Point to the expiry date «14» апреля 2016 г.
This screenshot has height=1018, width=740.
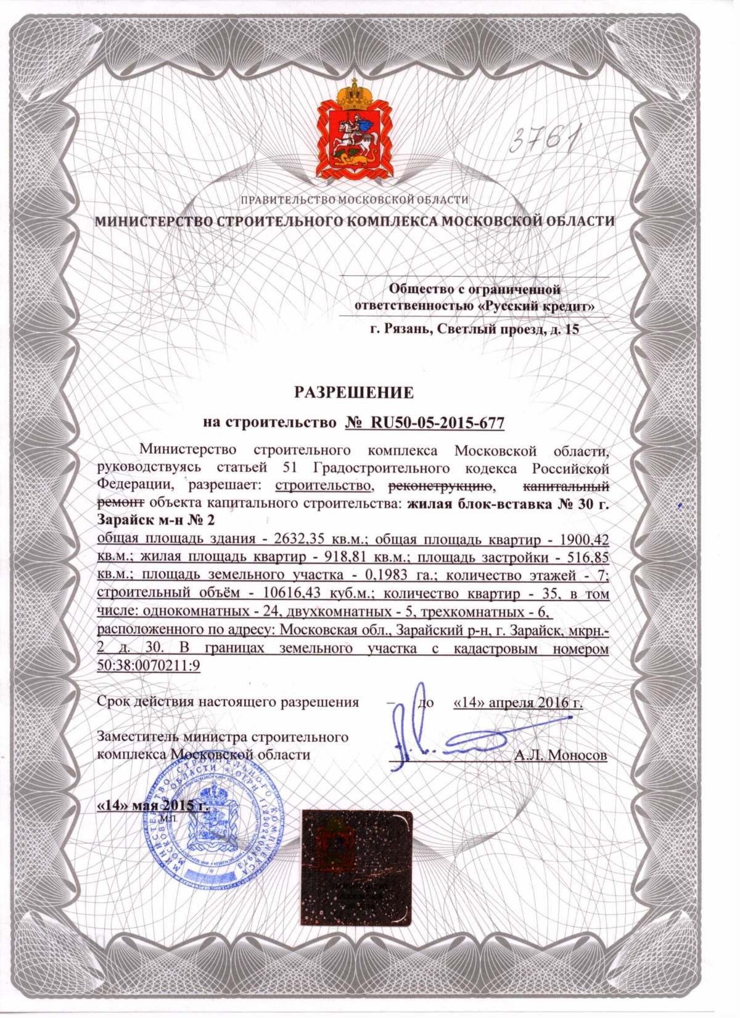click(517, 702)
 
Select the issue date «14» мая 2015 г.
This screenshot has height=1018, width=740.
click(152, 805)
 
